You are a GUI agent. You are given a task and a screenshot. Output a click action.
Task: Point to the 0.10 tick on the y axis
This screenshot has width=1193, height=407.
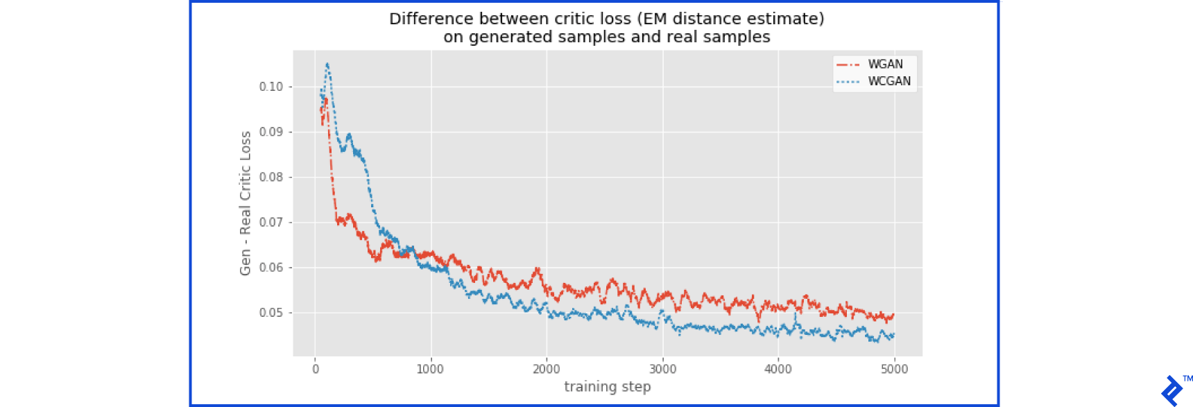[271, 87]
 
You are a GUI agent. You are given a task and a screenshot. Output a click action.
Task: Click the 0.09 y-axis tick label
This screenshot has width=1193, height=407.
[271, 132]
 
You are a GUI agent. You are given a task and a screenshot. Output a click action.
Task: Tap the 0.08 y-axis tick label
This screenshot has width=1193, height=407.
[271, 177]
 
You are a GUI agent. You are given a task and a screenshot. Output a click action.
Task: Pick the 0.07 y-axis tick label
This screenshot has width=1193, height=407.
[271, 223]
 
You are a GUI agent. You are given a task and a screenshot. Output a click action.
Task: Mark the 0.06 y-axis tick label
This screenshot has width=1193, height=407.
[271, 268]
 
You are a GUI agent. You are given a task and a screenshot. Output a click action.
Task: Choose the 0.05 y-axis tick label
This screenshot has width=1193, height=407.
[271, 313]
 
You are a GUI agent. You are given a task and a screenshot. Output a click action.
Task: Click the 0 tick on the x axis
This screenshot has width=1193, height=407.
[316, 370]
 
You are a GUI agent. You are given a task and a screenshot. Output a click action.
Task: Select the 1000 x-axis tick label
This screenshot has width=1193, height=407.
[430, 370]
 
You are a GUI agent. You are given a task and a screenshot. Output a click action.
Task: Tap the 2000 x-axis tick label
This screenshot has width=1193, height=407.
[547, 370]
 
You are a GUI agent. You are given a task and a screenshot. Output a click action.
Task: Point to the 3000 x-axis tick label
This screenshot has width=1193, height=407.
[662, 370]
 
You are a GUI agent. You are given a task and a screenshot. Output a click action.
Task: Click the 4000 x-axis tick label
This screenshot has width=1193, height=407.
[778, 370]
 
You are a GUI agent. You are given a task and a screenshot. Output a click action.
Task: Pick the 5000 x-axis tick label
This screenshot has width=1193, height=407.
[894, 370]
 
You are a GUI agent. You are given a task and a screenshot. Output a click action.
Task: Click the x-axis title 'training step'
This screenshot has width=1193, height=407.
[607, 387]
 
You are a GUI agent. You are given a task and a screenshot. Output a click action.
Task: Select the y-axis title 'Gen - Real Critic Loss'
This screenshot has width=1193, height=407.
[246, 203]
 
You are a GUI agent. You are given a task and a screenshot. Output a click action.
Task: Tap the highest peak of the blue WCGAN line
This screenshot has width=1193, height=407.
[327, 64]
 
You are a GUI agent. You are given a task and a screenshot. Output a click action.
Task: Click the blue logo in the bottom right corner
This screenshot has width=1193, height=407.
[1172, 390]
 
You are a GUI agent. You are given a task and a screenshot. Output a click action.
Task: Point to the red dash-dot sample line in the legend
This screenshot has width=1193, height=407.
[848, 64]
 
